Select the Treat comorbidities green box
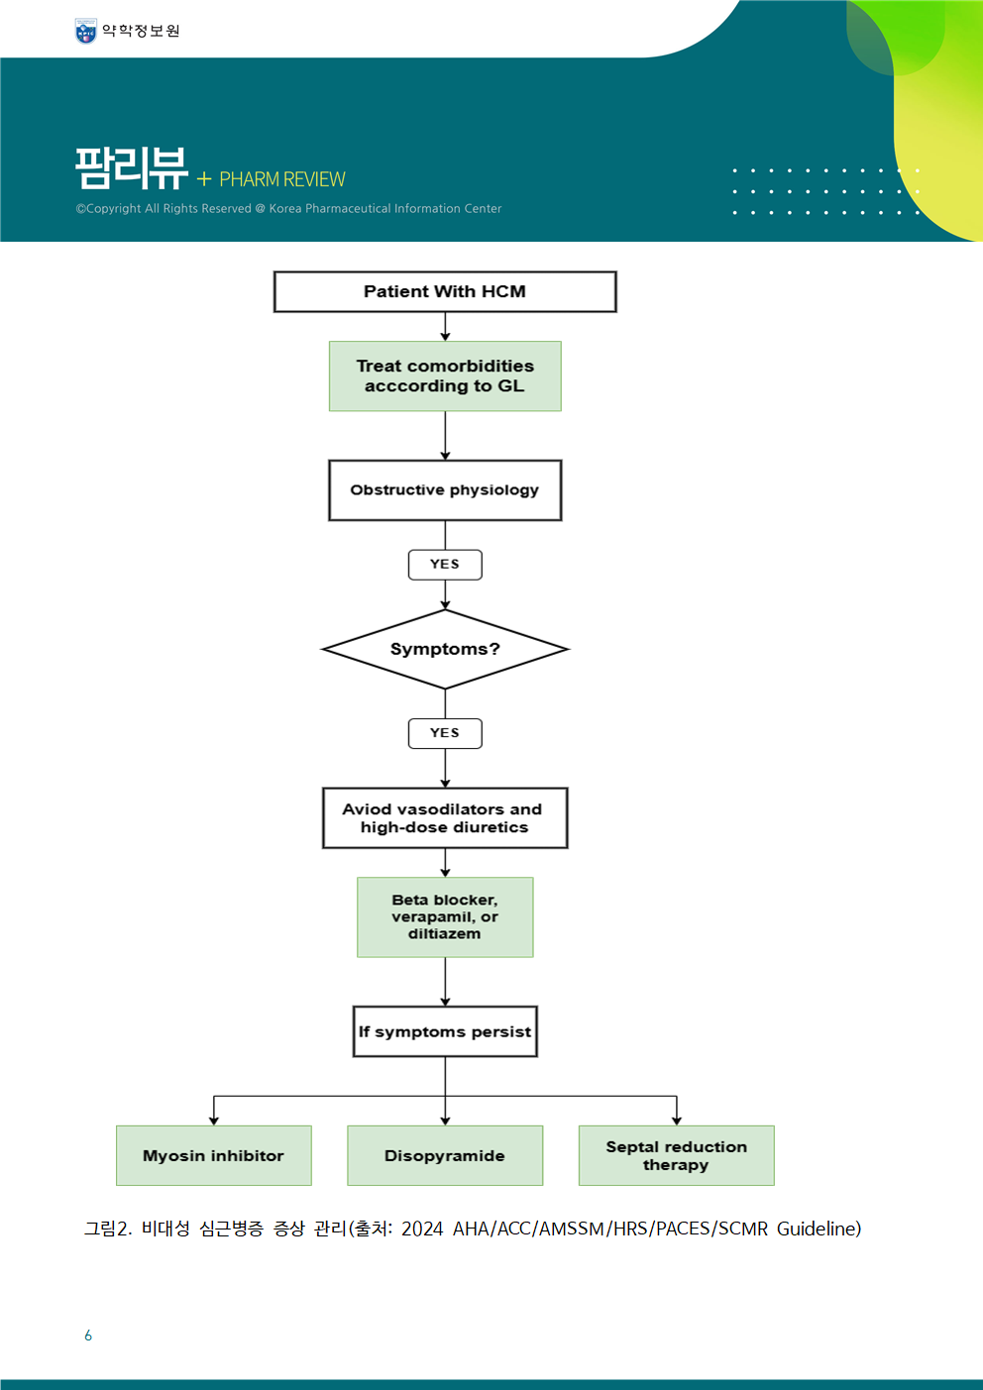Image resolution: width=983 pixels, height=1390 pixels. pos(445,376)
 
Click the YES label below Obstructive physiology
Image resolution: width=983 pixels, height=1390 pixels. pos(445,565)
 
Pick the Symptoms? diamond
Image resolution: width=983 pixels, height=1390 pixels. pos(445,649)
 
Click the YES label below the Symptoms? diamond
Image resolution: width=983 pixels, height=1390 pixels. pos(445,733)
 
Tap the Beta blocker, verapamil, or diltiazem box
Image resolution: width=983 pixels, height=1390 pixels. pos(445,917)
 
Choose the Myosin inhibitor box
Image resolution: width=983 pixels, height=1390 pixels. pos(213,1155)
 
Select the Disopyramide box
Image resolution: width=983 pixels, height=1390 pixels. pos(445,1155)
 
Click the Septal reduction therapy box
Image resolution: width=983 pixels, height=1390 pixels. pos(677,1155)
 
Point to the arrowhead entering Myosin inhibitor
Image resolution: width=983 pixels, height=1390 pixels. pos(213,1121)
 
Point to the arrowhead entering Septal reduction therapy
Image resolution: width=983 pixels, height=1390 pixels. pos(677,1121)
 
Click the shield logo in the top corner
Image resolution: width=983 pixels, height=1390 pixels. pos(85,31)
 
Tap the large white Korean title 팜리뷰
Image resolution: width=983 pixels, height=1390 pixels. pos(131,168)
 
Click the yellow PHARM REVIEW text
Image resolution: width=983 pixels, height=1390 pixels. pos(282,179)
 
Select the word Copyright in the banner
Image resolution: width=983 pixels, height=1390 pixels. pos(114,208)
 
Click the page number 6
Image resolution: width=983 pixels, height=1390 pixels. pos(88,1336)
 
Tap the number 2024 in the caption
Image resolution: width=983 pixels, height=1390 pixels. pos(422,1229)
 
